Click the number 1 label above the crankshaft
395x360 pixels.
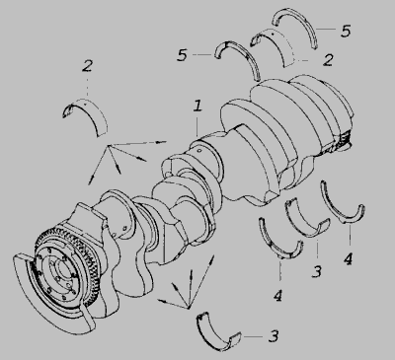(197, 107)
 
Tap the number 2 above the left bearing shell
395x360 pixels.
(87, 66)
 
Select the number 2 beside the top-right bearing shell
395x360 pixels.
(328, 60)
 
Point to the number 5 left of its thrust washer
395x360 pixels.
(182, 55)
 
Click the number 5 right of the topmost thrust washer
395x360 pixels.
(346, 31)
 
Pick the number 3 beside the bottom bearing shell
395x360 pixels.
(274, 336)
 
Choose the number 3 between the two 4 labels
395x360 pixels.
(317, 271)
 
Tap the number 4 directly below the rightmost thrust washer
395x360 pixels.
(348, 258)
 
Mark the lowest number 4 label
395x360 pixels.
(278, 296)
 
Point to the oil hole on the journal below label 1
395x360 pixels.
(199, 151)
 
